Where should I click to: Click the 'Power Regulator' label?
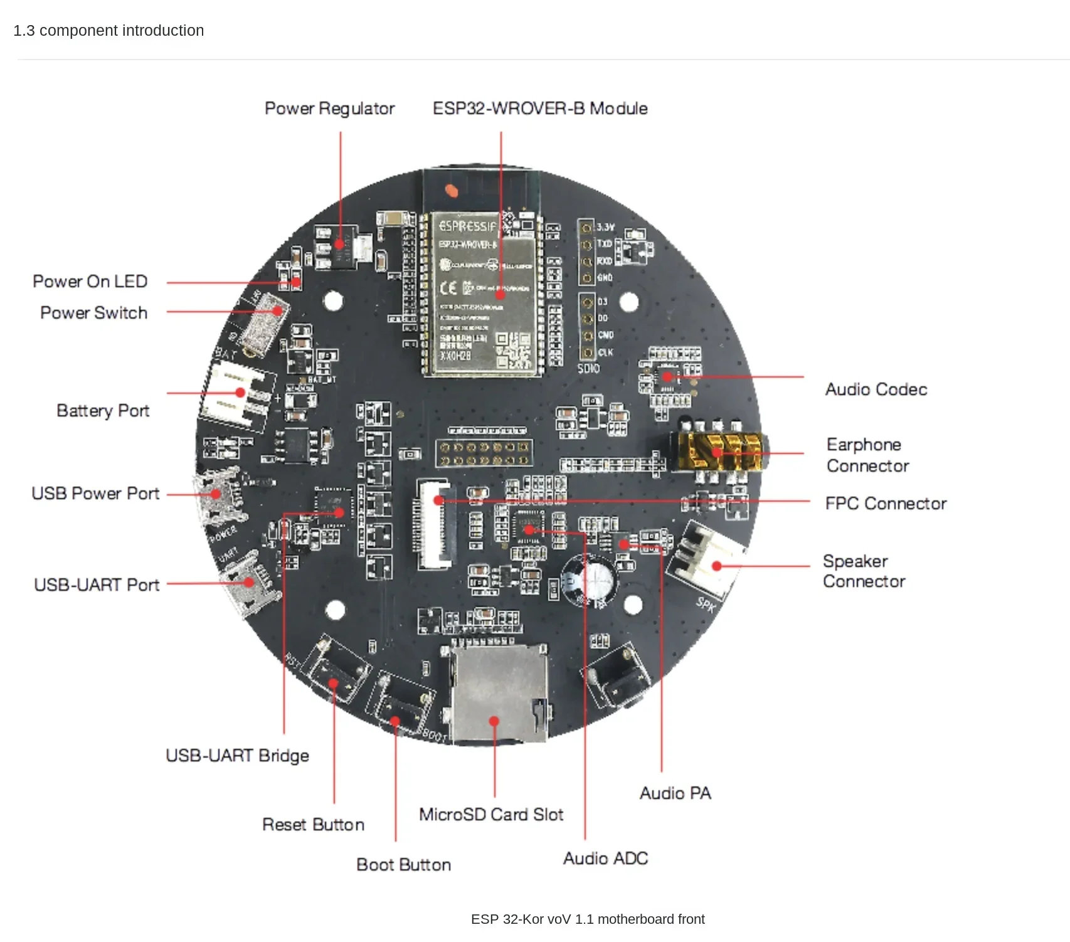329,108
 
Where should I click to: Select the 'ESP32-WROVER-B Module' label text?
540,108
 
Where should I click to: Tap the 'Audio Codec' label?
876,389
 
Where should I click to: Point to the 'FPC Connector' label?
886,504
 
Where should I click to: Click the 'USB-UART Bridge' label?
237,755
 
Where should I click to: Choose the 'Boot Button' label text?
403,864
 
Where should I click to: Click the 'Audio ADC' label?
605,858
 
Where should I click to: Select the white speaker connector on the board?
706,562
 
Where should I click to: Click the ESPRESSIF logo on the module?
467,226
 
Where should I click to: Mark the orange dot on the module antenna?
450,190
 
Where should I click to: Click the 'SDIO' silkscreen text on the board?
588,368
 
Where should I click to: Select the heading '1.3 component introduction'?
109,31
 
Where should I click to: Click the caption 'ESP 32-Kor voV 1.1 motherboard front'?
588,919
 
